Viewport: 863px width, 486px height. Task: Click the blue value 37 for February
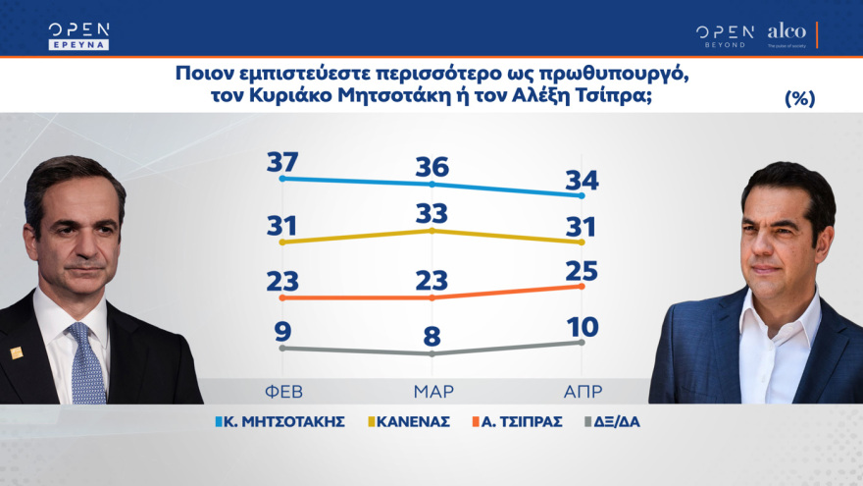pyautogui.click(x=281, y=162)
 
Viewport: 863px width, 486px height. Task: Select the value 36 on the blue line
pyautogui.click(x=432, y=167)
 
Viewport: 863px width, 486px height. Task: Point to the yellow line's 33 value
pyautogui.click(x=432, y=213)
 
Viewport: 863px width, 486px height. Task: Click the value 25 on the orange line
pyautogui.click(x=583, y=269)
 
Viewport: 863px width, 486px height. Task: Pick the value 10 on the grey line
pyautogui.click(x=583, y=326)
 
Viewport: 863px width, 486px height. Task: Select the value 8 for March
pyautogui.click(x=432, y=337)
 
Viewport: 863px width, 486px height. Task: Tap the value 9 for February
pyautogui.click(x=281, y=331)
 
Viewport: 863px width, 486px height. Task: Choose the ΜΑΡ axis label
pyautogui.click(x=432, y=391)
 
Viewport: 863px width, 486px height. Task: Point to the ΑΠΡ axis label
pyautogui.click(x=583, y=391)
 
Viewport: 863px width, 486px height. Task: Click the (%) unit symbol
pyautogui.click(x=799, y=98)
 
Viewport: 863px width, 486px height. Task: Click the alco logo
pyautogui.click(x=787, y=32)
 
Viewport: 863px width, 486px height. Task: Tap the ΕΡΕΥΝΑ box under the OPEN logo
pyautogui.click(x=78, y=44)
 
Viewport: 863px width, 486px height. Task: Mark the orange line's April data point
pyautogui.click(x=583, y=286)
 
